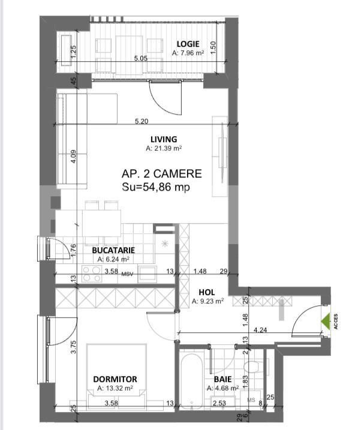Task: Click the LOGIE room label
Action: pos(188,44)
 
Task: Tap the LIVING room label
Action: pos(164,139)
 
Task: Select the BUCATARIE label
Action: pos(113,250)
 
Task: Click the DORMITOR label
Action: pos(115,379)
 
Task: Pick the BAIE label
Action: pos(223,379)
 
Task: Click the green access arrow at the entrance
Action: pos(326,323)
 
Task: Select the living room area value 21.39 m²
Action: pos(164,148)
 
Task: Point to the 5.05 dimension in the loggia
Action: pos(140,59)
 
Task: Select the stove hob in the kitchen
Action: pos(91,274)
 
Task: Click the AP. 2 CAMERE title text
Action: pos(161,174)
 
